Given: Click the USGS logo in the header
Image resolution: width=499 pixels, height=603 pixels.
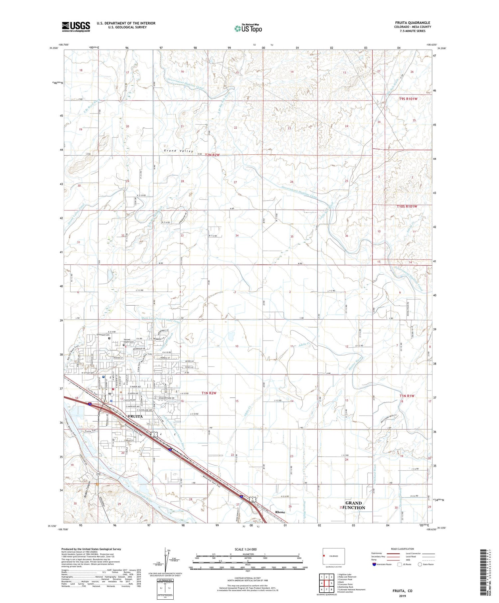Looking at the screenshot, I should coord(76,27).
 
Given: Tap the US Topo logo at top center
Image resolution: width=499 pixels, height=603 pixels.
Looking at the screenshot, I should coord(248,29).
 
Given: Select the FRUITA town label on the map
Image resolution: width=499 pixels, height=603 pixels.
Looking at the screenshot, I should coord(135,416).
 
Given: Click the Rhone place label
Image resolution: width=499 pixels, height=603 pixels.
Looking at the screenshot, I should coord(280,512).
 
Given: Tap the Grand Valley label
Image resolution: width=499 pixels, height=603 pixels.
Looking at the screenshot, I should coord(178,151).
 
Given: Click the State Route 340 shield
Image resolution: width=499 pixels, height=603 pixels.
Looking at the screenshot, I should coord(98,473).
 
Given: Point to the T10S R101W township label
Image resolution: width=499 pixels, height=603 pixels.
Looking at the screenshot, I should coord(403,207).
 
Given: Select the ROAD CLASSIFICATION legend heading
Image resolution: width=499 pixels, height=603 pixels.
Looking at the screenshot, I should coord(403,549).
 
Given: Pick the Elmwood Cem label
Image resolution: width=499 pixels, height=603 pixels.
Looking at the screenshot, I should coord(103,335).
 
